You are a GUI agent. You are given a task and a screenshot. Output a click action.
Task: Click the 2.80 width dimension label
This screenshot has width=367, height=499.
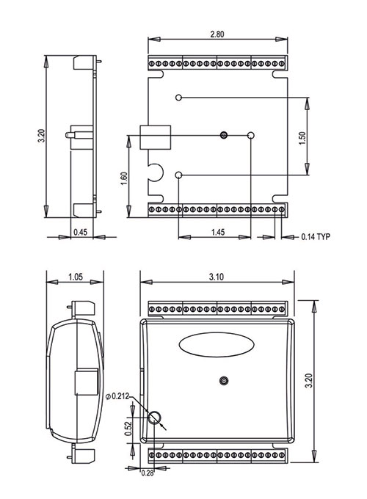coord(217,34)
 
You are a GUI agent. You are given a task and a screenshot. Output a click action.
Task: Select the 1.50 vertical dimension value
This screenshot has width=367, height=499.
coord(302,139)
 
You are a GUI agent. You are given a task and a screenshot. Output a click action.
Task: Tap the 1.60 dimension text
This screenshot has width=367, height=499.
coord(124,179)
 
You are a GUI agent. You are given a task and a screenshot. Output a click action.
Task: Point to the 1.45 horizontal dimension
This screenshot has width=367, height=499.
coord(218,232)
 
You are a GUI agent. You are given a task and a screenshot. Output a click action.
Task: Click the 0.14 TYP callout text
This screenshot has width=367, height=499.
coord(316,236)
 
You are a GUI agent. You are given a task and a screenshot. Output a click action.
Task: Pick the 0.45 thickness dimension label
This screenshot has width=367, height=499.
coord(80,232)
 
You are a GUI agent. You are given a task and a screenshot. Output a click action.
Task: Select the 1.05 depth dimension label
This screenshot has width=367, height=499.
coord(76,277)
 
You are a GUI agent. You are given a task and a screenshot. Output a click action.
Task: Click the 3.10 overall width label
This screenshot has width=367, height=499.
coord(217,277)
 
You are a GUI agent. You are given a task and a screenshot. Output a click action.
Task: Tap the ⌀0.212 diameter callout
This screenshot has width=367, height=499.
coord(117,396)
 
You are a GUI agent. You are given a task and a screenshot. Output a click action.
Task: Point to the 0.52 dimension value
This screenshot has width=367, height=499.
coord(128,429)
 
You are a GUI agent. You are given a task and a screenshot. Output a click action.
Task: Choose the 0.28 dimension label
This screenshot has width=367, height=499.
coord(147,473)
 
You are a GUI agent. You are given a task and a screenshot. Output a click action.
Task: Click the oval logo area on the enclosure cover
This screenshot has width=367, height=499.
coord(217,345)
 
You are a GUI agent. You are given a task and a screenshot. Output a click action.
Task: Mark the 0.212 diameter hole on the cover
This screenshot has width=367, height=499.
coord(154,418)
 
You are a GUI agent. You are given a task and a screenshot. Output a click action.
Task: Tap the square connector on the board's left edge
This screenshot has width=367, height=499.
coord(156,137)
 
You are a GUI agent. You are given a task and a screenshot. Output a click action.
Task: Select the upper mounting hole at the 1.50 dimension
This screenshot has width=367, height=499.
coord(178,97)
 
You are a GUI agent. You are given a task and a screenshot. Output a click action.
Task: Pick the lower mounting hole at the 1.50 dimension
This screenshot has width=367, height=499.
coord(178,175)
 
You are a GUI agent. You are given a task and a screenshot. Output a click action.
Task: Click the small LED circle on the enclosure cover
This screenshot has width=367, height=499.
coord(225,380)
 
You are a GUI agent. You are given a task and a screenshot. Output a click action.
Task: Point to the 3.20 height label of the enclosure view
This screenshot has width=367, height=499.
coord(309,381)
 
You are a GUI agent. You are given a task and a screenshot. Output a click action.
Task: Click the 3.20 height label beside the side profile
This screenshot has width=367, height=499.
coord(41,136)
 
